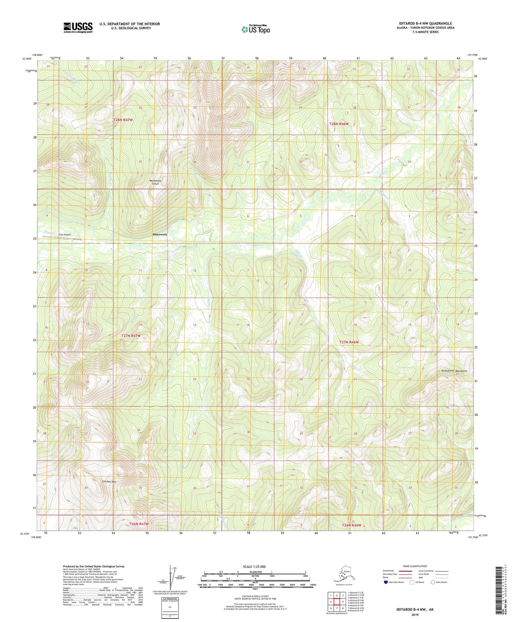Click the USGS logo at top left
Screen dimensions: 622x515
coord(78,27)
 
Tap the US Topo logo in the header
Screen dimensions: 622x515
coord(255,29)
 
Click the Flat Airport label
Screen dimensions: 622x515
coord(65,235)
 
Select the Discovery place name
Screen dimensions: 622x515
coord(160,234)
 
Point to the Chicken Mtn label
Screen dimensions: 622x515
coord(109,482)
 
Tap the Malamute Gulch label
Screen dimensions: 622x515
coord(155,182)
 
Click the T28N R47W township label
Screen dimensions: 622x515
coord(123,120)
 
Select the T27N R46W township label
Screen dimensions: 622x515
coord(349,342)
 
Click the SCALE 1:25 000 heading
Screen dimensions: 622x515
coord(254,566)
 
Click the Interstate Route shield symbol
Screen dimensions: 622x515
coord(386,582)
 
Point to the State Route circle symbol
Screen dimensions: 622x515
coord(433,582)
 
